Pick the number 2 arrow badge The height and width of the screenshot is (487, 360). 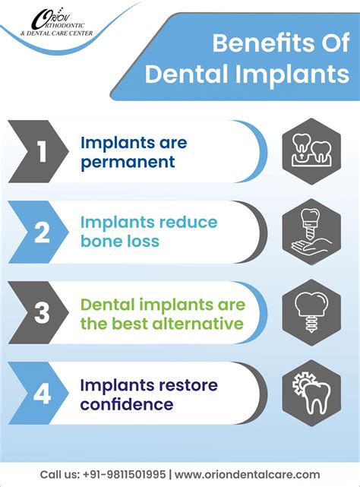click(42, 232)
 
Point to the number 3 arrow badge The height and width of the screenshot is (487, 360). click(42, 312)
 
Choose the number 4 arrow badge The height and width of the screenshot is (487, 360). click(42, 392)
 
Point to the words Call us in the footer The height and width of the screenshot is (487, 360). click(57, 474)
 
